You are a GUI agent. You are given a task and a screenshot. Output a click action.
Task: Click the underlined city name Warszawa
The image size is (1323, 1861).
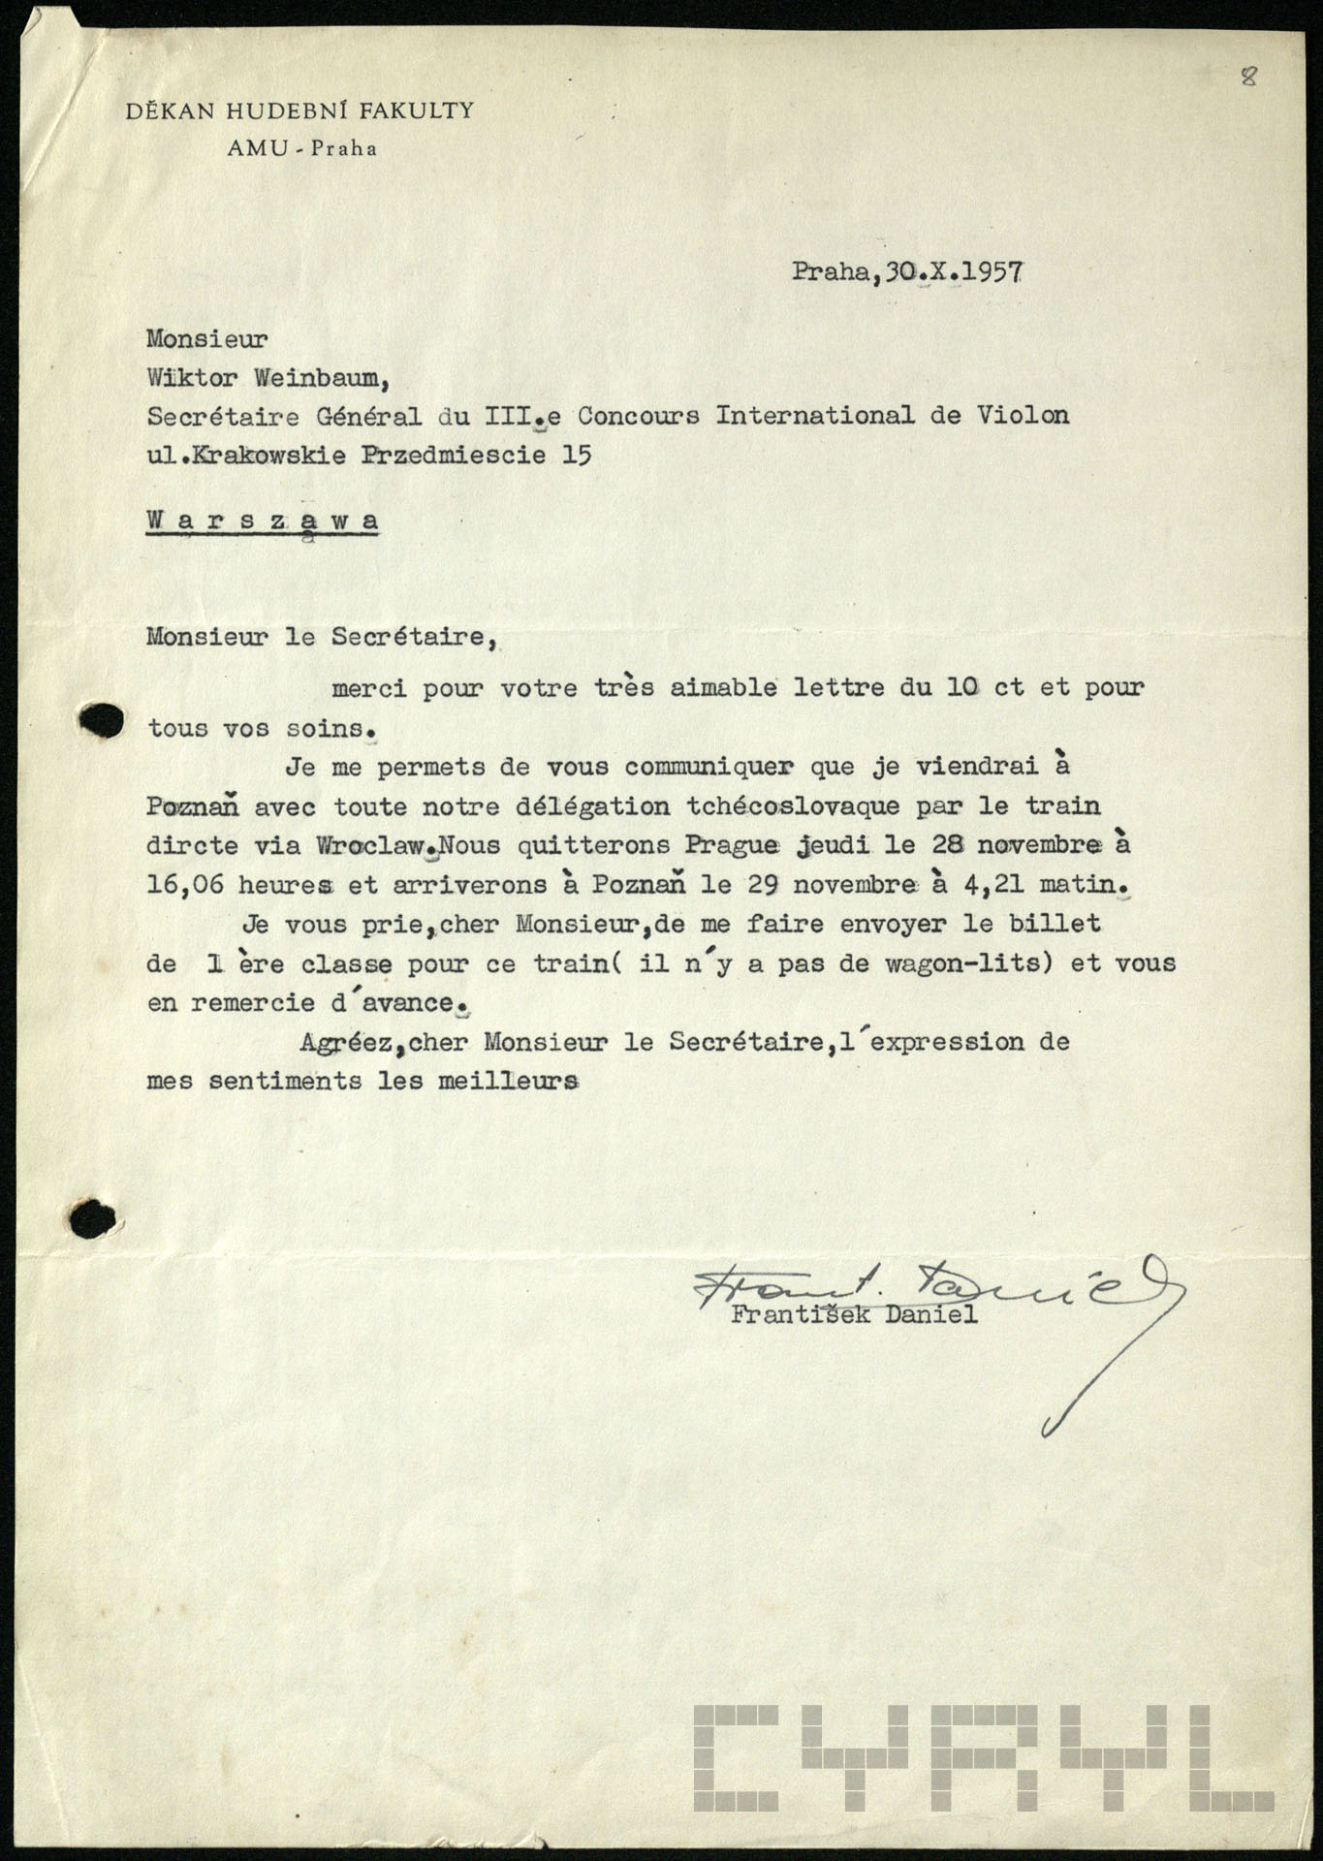[x=263, y=520]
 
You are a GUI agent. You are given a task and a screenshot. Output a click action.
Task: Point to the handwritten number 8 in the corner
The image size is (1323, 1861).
[x=1248, y=79]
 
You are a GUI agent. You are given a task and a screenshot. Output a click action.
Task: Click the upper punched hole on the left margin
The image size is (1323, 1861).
[x=101, y=720]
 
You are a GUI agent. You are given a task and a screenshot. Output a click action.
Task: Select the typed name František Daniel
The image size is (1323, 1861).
[x=854, y=1315]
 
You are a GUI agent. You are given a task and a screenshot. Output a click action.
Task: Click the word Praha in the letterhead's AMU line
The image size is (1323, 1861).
[x=343, y=149]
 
